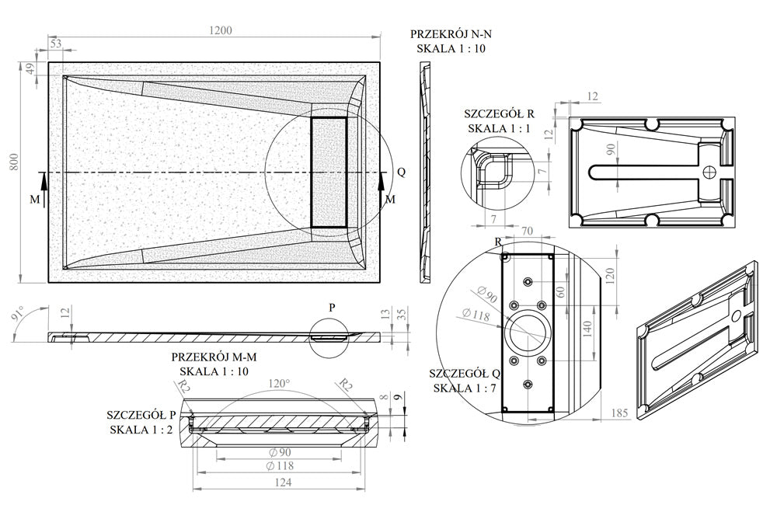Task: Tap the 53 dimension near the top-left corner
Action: coord(55,44)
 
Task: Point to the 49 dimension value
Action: coord(31,69)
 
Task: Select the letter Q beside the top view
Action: coord(400,172)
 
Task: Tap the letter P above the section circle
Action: coord(332,307)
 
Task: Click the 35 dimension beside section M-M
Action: coord(401,314)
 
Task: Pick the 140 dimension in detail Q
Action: coord(588,328)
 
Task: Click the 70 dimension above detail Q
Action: coord(527,231)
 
